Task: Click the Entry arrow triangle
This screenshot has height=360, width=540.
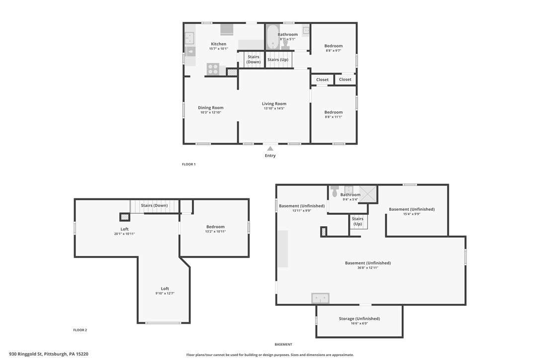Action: point(270,149)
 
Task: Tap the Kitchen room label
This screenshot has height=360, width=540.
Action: point(219,44)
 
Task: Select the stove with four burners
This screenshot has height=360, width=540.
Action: point(213,69)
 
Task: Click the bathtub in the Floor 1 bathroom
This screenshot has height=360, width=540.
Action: point(273,37)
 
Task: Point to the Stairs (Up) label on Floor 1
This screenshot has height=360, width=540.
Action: point(278,60)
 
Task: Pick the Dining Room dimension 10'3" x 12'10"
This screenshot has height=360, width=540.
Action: point(211,112)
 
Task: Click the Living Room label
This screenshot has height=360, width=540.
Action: point(274,103)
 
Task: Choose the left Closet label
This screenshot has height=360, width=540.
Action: point(322,80)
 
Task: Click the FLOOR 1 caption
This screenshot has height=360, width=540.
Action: point(189,164)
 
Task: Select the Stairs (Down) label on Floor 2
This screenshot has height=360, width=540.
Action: point(154,205)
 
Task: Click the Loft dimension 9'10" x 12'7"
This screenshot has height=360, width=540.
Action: point(165,293)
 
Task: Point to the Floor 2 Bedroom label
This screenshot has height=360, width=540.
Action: point(216,227)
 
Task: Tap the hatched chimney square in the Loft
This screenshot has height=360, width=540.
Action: point(125,217)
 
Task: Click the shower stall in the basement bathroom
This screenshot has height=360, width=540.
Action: point(368,194)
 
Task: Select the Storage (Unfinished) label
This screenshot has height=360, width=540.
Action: point(360,319)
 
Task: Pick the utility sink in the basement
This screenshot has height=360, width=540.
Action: point(320,298)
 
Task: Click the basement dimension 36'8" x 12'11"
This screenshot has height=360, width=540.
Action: point(368,268)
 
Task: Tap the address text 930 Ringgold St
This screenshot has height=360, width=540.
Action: point(25,354)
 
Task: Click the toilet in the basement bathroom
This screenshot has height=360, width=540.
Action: point(335,191)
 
